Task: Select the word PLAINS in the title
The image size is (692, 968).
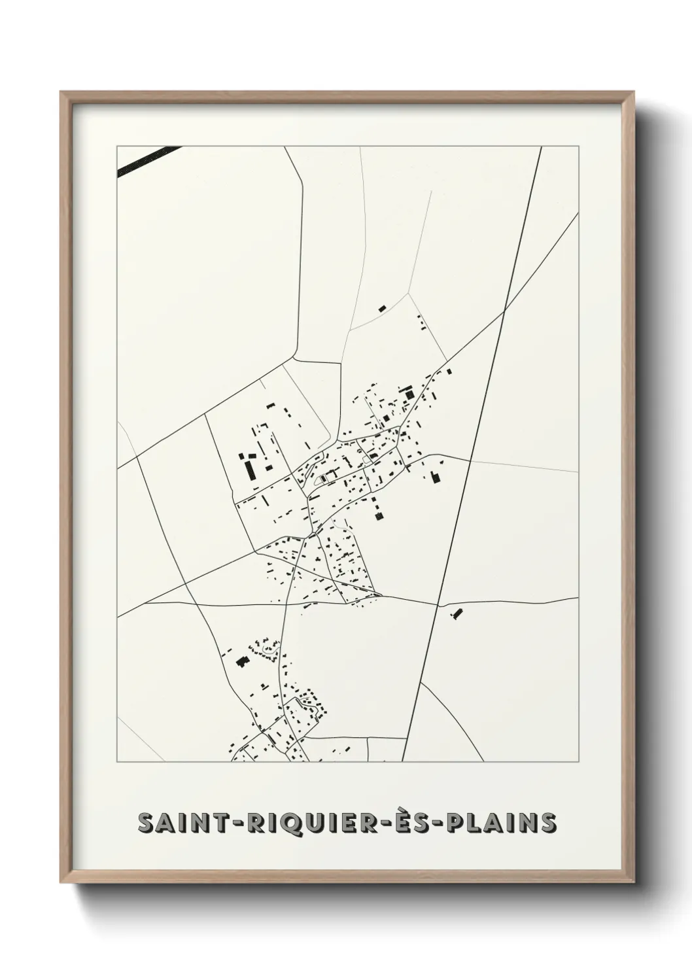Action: [x=501, y=823]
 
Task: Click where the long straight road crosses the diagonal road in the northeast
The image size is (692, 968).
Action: [x=504, y=313]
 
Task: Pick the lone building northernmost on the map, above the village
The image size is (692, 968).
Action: [x=382, y=308]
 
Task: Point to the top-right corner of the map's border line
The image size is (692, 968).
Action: [x=578, y=147]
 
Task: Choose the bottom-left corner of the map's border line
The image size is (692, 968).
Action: [x=117, y=762]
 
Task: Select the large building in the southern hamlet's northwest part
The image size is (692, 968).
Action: [x=241, y=662]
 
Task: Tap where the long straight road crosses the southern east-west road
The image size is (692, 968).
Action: [x=437, y=603]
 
